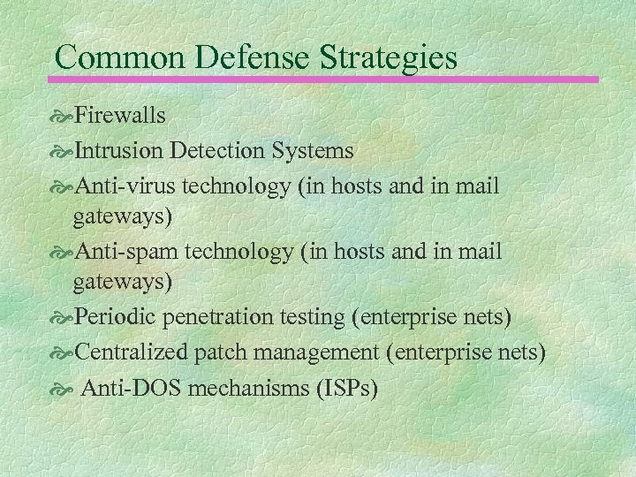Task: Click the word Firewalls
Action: pyautogui.click(x=120, y=115)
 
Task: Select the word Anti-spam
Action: pyautogui.click(x=125, y=253)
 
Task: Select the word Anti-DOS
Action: pyautogui.click(x=128, y=388)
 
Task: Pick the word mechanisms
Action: pyautogui.click(x=241, y=388)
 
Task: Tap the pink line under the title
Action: pyautogui.click(x=328, y=79)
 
